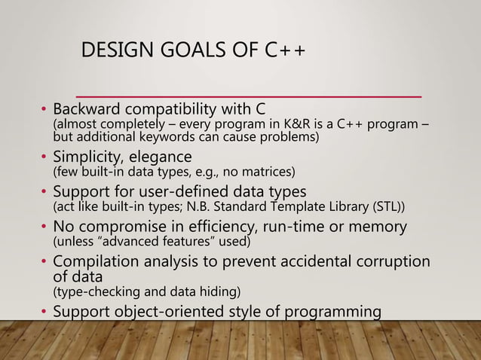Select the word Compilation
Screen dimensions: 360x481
click(x=96, y=261)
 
